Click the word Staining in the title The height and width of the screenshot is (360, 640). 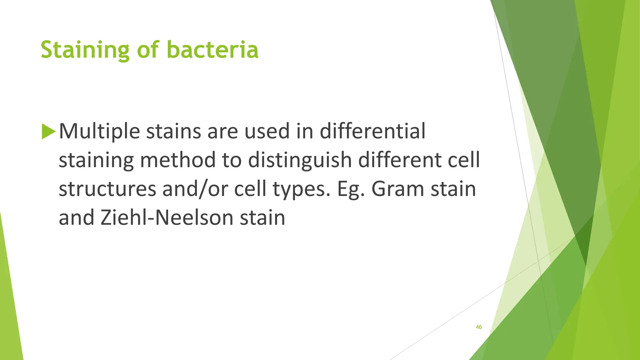[x=85, y=50]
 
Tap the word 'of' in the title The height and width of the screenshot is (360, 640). [x=148, y=50]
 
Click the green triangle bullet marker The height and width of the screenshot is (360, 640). [x=48, y=131]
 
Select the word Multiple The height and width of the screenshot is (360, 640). [x=99, y=131]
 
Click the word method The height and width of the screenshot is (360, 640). [x=177, y=160]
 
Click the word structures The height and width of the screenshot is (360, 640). [x=107, y=189]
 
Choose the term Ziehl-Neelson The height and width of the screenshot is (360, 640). [x=167, y=217]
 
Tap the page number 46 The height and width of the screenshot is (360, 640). [x=478, y=327]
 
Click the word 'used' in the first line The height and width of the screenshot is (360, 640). [x=267, y=131]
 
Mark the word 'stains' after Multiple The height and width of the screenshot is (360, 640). [x=174, y=131]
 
